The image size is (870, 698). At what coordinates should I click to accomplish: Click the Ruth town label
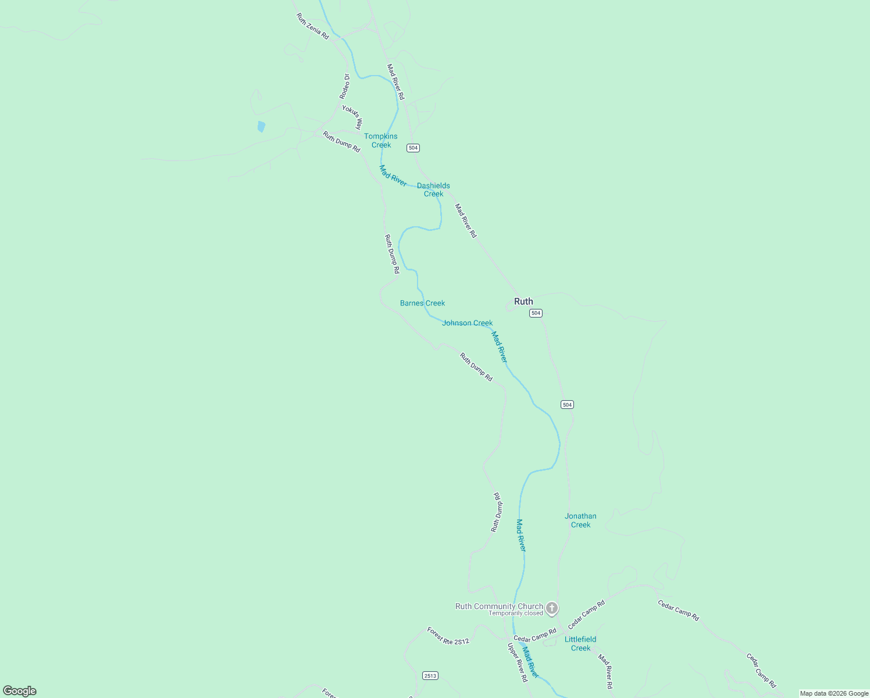click(x=523, y=301)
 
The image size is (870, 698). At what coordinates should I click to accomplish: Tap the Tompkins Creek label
click(x=381, y=141)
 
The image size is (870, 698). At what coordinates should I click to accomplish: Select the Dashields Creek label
click(x=433, y=190)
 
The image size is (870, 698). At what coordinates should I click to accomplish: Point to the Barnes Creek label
click(x=422, y=303)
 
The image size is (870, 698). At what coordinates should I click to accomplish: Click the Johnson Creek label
click(x=467, y=323)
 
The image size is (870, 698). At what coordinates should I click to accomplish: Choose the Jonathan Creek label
click(x=580, y=520)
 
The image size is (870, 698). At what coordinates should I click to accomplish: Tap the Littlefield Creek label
click(x=580, y=643)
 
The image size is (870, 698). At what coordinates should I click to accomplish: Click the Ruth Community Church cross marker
click(x=552, y=608)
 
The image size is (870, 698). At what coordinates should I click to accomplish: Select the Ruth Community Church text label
click(x=499, y=606)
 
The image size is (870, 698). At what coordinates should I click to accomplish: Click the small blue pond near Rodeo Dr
click(x=261, y=126)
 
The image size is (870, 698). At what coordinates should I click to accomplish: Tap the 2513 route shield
click(x=430, y=675)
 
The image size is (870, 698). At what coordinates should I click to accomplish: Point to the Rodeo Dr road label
click(x=345, y=86)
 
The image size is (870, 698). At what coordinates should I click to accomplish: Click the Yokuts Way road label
click(x=352, y=117)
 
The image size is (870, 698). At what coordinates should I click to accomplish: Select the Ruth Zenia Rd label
click(x=312, y=27)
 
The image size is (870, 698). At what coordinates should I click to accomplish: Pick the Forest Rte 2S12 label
click(x=448, y=636)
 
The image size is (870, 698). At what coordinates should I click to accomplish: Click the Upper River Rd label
click(x=517, y=662)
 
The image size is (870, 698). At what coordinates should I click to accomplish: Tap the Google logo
click(x=19, y=691)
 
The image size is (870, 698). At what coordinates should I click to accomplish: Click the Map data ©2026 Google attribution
click(x=833, y=693)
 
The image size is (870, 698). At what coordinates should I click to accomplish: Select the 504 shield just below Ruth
click(x=536, y=313)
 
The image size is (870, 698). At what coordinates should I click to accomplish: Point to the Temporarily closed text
click(x=515, y=613)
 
